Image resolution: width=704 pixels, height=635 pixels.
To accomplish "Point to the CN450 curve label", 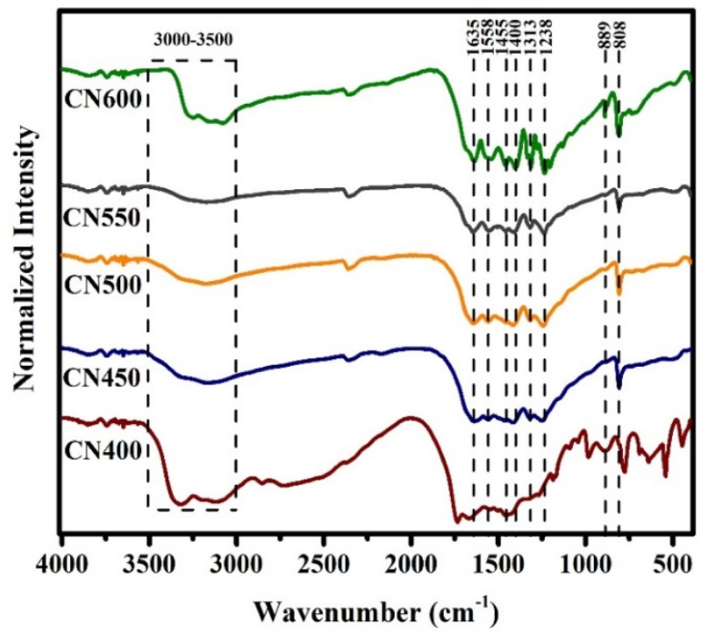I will coord(102,377).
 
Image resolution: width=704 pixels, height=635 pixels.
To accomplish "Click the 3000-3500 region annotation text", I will coord(193,41).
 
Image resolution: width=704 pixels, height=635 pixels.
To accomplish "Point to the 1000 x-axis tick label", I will coord(585,561).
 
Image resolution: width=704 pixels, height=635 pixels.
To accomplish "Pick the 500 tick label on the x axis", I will coord(672,561).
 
